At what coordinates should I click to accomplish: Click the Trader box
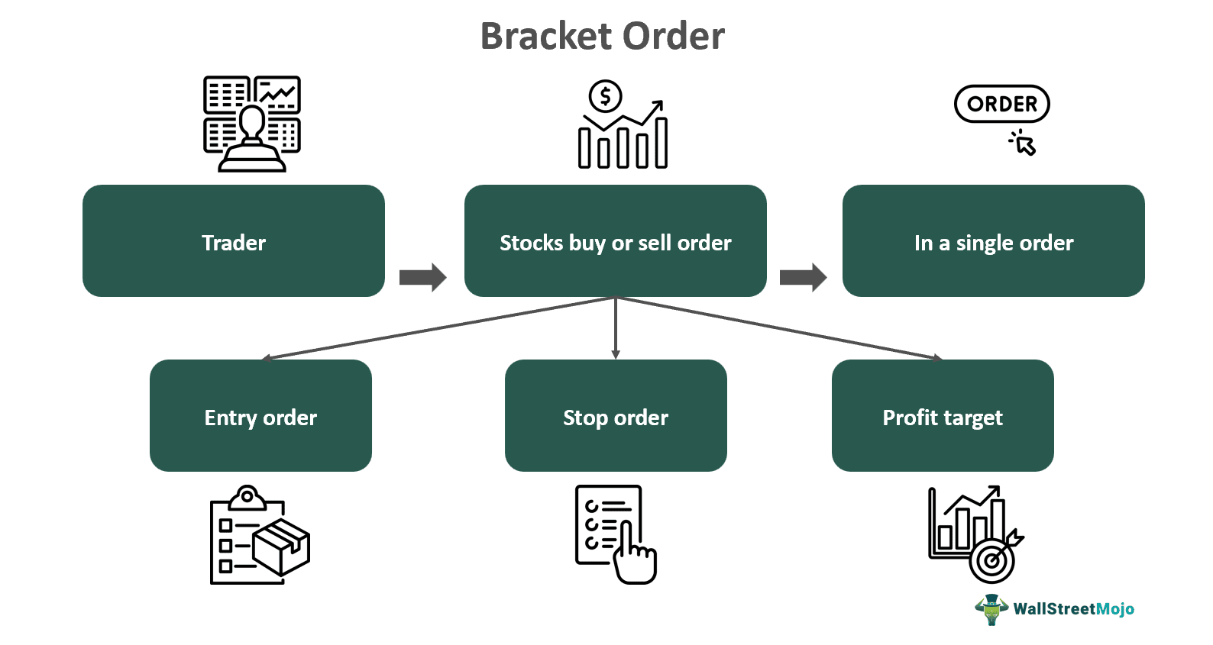[x=233, y=241]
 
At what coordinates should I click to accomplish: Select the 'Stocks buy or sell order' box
[x=615, y=241]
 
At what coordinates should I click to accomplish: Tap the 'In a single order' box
[x=993, y=241]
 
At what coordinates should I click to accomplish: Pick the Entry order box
[x=260, y=416]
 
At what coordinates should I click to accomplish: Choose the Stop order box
[x=616, y=416]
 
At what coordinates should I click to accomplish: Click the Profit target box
[x=943, y=416]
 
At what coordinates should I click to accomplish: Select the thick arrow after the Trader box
[x=422, y=277]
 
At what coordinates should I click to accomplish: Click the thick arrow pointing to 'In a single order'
[x=803, y=277]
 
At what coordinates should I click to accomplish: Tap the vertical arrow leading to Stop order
[x=616, y=328]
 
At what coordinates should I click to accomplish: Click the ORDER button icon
[x=1001, y=104]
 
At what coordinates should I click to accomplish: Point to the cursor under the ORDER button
[x=1024, y=144]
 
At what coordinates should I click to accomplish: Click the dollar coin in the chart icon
[x=605, y=96]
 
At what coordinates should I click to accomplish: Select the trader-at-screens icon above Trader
[x=252, y=124]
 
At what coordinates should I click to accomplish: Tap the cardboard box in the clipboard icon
[x=281, y=547]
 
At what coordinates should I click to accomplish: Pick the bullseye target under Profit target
[x=992, y=562]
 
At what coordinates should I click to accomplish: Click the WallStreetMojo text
[x=1073, y=609]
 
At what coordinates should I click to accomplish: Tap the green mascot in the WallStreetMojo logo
[x=991, y=609]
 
